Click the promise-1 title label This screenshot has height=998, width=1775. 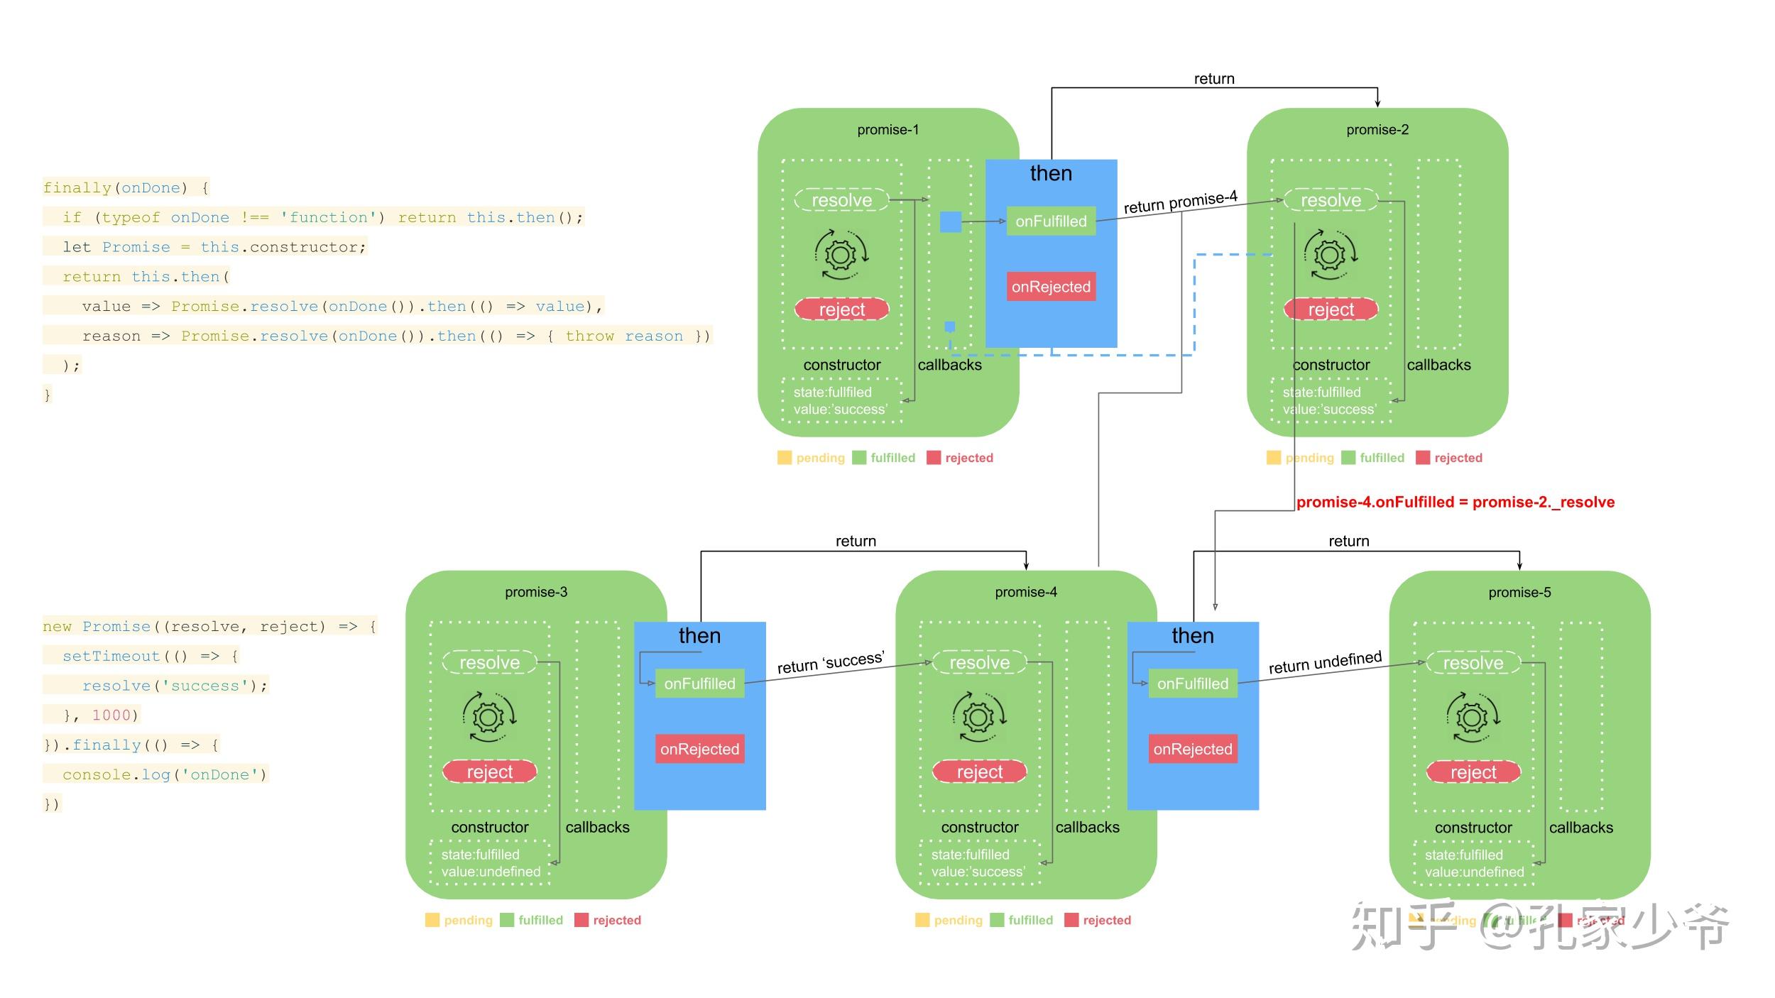(x=887, y=130)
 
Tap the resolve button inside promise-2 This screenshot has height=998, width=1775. (x=1330, y=200)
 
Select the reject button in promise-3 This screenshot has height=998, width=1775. (x=489, y=772)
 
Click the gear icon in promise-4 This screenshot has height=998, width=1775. (x=978, y=717)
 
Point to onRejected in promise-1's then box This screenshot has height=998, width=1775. (x=1051, y=287)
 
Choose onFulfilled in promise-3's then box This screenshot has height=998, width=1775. (x=699, y=684)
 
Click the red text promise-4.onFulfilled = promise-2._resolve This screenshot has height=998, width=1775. (x=1455, y=503)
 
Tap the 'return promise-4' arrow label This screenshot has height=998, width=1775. (x=1180, y=202)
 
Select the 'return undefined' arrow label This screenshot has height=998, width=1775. (x=1325, y=663)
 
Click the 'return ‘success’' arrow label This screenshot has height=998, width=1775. (x=830, y=663)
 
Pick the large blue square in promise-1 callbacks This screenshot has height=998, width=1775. (x=950, y=222)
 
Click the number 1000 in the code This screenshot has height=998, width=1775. (x=111, y=715)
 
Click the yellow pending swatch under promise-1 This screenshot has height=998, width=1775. (x=784, y=458)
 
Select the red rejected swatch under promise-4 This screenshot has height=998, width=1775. (x=1071, y=920)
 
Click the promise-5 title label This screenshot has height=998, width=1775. (x=1519, y=592)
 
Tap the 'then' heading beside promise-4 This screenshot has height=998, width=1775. (x=1192, y=636)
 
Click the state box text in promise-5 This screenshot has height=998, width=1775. (x=1473, y=863)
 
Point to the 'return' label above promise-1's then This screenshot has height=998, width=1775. (x=1213, y=79)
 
